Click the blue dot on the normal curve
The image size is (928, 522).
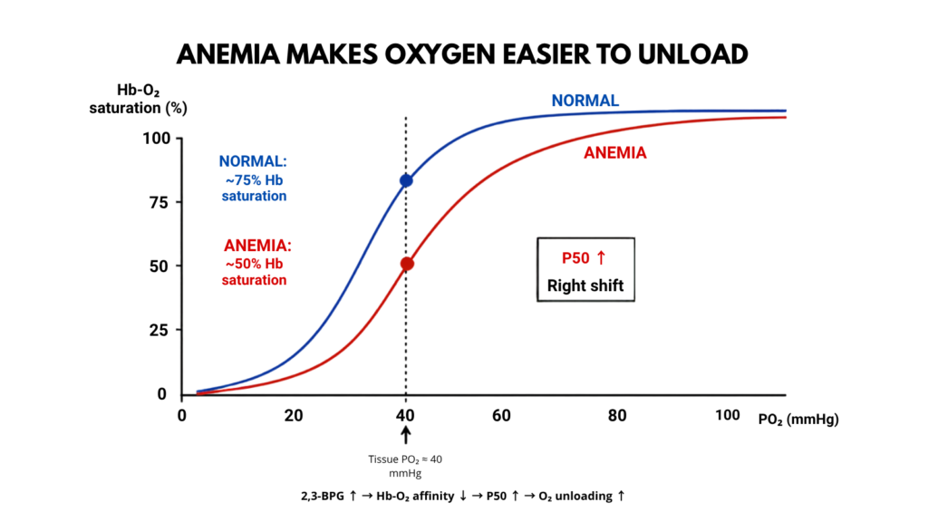click(x=406, y=180)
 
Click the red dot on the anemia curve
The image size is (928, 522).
click(x=407, y=264)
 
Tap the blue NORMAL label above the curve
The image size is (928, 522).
click(x=585, y=101)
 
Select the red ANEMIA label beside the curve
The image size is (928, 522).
click(x=615, y=153)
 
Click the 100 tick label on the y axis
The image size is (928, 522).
click(x=156, y=139)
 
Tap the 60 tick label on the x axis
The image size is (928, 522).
click(x=501, y=415)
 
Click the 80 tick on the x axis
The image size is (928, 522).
click(x=616, y=415)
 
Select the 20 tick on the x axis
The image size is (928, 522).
click(x=294, y=415)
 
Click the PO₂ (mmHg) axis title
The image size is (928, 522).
click(x=798, y=420)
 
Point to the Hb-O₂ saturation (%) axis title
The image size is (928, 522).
click(x=138, y=99)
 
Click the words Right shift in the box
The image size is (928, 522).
click(x=585, y=285)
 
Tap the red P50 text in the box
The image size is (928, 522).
click(x=575, y=258)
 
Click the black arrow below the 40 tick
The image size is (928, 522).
click(x=405, y=435)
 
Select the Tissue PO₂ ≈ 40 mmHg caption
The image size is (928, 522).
click(x=405, y=466)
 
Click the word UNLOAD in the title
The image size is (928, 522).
click(x=692, y=54)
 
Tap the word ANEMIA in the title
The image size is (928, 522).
click(x=227, y=54)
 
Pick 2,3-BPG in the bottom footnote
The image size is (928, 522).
click(x=323, y=496)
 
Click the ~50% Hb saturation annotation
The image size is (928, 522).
click(x=255, y=272)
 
